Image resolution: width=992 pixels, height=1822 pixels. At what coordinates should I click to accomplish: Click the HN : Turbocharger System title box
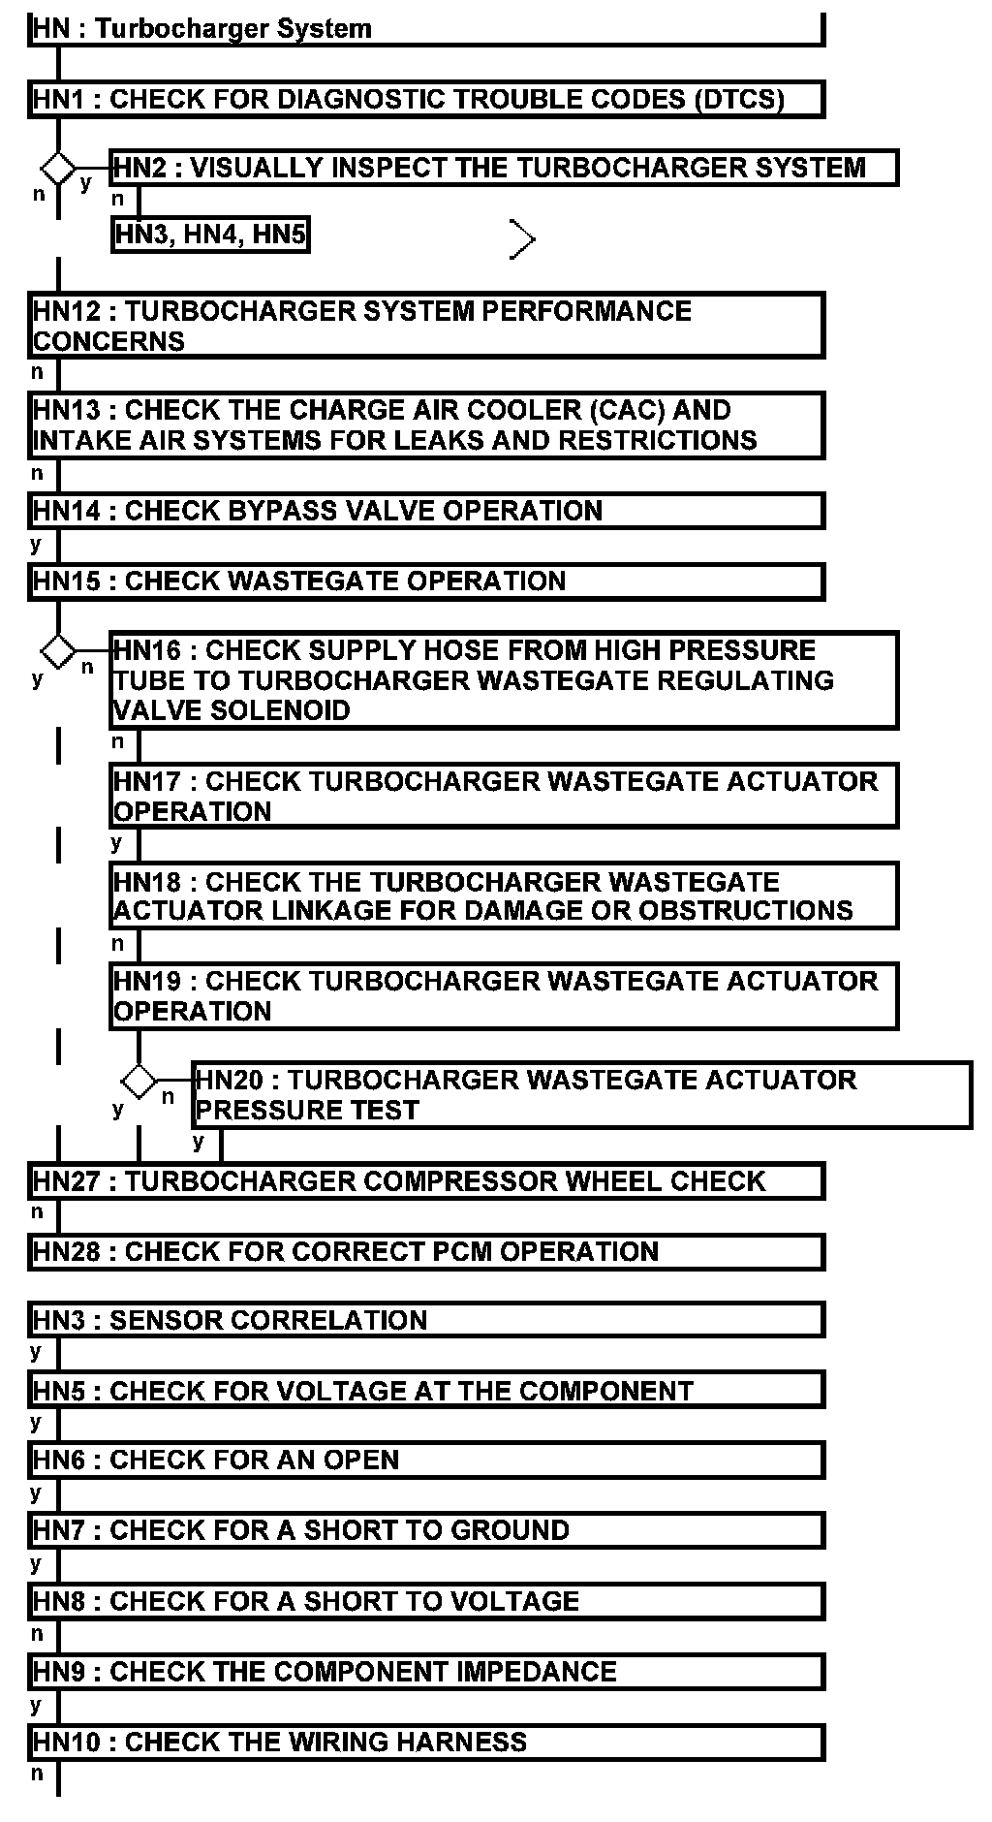point(426,29)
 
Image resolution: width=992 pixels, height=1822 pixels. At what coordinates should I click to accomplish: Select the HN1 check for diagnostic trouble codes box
point(426,100)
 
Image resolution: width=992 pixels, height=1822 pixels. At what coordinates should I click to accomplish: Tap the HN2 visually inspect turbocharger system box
point(504,168)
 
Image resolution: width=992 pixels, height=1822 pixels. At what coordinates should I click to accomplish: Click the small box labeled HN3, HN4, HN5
point(210,235)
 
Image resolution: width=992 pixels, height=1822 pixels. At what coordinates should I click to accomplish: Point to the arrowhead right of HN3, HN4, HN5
point(523,239)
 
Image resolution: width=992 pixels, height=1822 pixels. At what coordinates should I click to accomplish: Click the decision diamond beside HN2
point(58,168)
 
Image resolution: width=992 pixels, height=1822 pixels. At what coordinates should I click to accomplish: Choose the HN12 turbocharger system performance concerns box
point(426,326)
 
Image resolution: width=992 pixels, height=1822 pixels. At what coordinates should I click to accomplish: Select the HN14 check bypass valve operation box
point(426,511)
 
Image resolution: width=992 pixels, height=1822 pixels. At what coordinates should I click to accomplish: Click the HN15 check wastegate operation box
point(426,581)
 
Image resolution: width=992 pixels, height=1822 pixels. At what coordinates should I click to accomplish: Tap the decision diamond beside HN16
point(58,650)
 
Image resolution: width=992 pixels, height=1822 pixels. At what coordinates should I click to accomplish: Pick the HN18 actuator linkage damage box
point(504,896)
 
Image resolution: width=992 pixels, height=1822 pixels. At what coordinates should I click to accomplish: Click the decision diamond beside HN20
point(139,1081)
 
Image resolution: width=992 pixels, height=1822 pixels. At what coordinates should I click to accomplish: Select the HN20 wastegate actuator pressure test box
point(581,1095)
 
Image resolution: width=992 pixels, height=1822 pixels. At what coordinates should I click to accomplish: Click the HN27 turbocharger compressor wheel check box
point(426,1181)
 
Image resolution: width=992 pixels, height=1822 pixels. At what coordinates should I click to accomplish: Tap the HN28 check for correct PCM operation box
point(426,1251)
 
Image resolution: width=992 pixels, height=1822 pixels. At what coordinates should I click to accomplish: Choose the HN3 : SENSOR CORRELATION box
point(426,1320)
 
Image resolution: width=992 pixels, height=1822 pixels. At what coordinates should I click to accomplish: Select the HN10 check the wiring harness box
point(426,1742)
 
